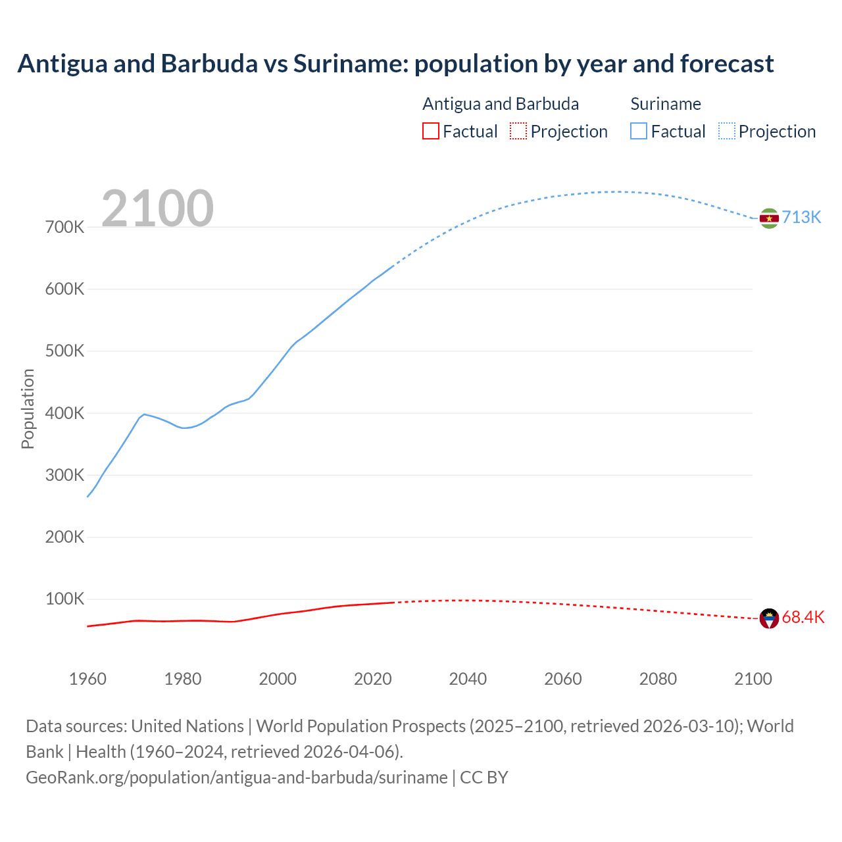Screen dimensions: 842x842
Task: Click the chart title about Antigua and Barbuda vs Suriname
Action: point(395,64)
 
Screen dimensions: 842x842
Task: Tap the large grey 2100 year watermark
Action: point(157,208)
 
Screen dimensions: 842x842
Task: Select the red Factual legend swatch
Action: point(430,131)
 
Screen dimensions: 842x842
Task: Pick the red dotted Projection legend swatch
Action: point(518,131)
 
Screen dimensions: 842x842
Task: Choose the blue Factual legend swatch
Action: point(639,131)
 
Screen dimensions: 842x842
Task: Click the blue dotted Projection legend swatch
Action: point(726,131)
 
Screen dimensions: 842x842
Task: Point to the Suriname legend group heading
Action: point(665,104)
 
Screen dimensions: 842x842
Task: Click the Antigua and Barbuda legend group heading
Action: point(500,104)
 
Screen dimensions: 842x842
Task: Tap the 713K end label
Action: point(801,218)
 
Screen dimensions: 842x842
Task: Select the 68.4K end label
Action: point(803,618)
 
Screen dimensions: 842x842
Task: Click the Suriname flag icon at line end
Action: point(769,218)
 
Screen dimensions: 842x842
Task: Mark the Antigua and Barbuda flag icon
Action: point(769,618)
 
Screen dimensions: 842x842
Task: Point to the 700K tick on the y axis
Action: point(65,228)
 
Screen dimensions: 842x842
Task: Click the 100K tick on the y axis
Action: point(65,599)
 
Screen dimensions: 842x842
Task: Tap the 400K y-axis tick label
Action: point(65,414)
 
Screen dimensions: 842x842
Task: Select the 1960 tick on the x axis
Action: point(87,679)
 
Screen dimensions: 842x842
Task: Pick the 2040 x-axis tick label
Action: point(468,679)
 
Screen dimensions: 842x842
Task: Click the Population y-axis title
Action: point(28,409)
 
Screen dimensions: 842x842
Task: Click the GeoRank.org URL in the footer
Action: point(236,778)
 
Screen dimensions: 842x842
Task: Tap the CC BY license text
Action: point(484,778)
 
